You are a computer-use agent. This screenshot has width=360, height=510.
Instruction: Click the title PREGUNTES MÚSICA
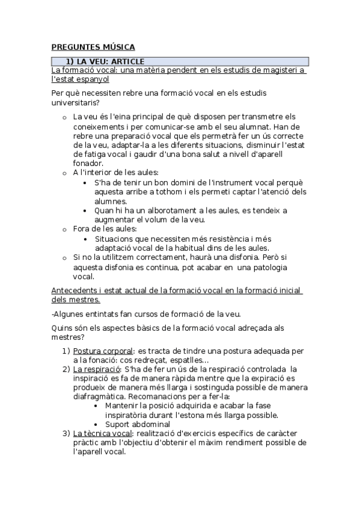coord(93,47)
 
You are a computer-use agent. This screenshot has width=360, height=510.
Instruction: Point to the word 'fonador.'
coord(88,163)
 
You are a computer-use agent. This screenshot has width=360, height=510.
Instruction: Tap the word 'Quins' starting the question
coord(62,328)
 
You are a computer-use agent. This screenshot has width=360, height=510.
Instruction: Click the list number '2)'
coord(66,369)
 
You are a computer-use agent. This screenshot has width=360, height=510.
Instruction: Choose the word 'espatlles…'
coord(188,360)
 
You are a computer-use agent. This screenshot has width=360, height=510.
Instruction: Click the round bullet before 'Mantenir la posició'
coord(97,406)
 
